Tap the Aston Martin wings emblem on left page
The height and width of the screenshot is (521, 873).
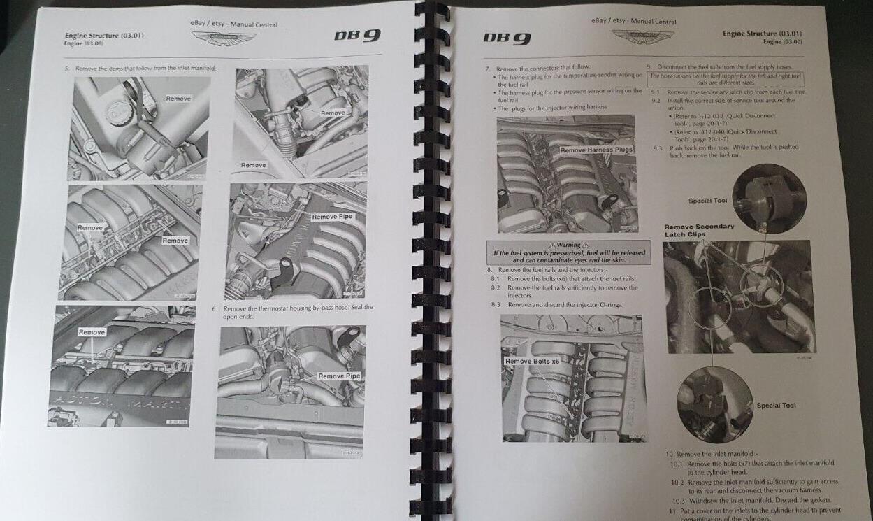pos(233,38)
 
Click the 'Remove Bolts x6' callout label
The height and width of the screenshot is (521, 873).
pos(533,361)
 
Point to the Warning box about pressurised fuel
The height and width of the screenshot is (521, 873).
pos(568,251)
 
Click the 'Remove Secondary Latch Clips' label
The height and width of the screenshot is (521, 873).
pos(698,230)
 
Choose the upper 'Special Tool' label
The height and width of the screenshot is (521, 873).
pos(708,201)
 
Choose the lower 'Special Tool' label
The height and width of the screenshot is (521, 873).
pos(776,406)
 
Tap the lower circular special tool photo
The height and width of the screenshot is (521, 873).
pos(714,404)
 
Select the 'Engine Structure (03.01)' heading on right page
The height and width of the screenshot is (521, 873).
pos(761,34)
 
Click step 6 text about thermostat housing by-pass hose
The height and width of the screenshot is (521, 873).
pos(297,312)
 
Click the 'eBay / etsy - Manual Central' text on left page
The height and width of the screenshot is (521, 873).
pos(233,24)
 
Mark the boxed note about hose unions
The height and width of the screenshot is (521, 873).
pos(725,78)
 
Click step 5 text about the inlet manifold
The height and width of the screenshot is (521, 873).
pos(140,68)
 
